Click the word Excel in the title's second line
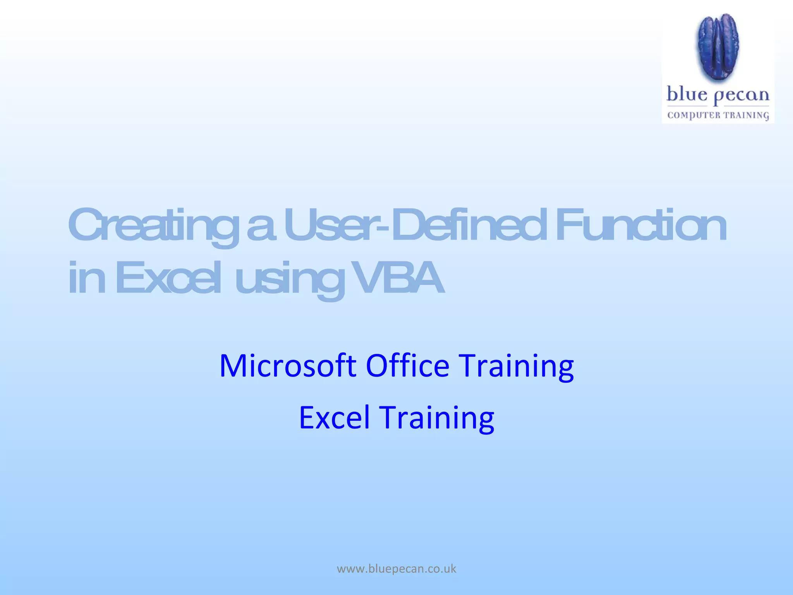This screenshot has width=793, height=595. point(168,278)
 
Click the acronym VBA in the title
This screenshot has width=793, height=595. point(399,278)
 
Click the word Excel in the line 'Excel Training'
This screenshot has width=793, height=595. point(334,418)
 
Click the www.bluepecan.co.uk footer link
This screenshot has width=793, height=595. point(396,569)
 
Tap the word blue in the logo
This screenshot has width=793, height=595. point(687,95)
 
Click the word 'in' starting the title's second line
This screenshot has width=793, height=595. point(86,278)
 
